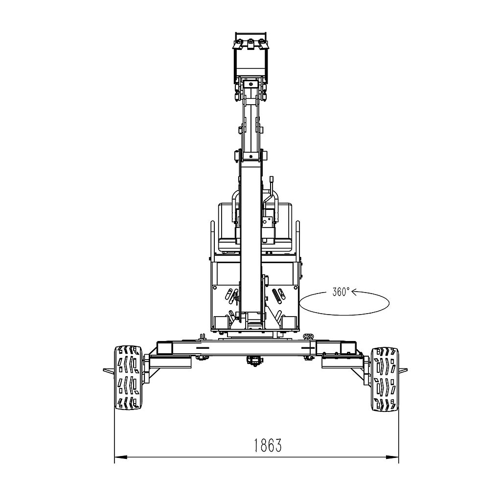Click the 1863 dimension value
[x=268, y=445]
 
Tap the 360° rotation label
[x=341, y=292]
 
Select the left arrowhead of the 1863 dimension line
[x=120, y=457]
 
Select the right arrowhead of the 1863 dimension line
[x=392, y=457]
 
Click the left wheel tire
[x=129, y=377]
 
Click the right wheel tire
[x=385, y=379]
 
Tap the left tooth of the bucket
[x=239, y=44]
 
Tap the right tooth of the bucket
[x=263, y=44]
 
